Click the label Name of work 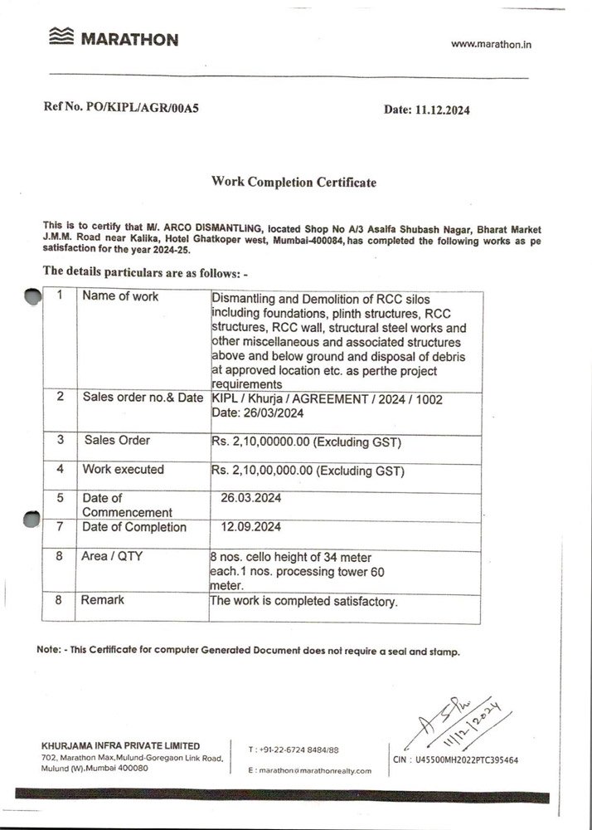[120, 296]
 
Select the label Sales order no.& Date [143, 398]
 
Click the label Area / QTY [112, 556]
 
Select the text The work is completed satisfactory [304, 600]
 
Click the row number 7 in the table [60, 527]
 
